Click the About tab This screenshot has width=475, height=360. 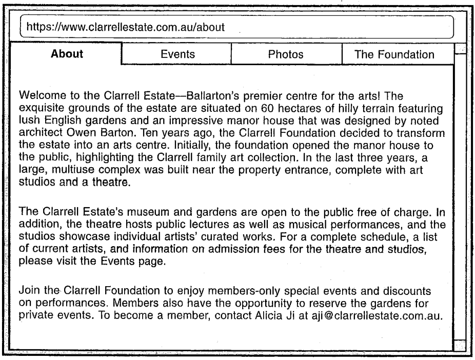pos(67,54)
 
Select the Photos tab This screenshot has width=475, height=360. pos(286,54)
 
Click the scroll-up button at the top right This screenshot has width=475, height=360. pos(461,49)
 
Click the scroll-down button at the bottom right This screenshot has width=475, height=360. pos(461,346)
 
